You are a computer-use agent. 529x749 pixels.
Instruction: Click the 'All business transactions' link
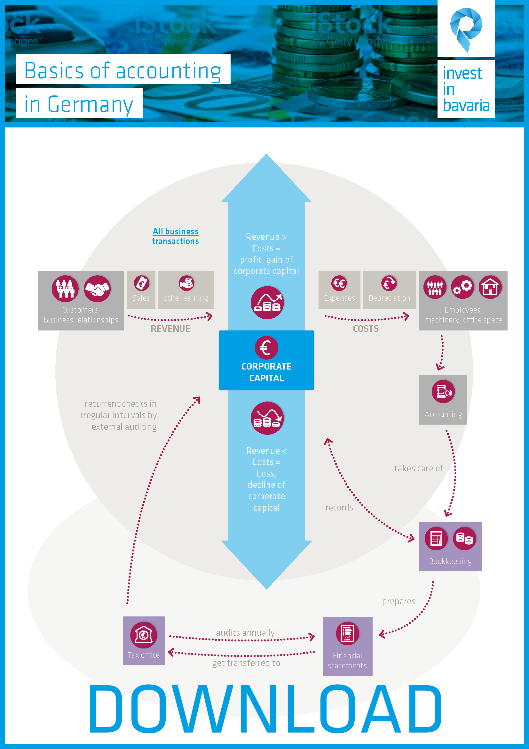[x=175, y=236]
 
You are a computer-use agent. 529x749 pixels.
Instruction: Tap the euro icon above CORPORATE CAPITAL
[x=266, y=348]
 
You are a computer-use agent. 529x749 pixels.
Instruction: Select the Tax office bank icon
[x=143, y=634]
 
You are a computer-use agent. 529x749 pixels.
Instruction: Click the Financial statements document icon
[x=347, y=633]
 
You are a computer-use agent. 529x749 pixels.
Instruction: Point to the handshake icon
[x=97, y=289]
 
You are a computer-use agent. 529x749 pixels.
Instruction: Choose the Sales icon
[x=141, y=283]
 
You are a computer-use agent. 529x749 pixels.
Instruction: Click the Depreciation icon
[x=389, y=283]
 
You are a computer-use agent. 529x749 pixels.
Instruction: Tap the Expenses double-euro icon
[x=339, y=283]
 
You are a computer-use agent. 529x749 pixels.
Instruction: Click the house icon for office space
[x=490, y=287]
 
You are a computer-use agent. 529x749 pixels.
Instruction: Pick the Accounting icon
[x=443, y=391]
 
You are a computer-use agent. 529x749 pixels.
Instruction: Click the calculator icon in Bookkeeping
[x=436, y=538]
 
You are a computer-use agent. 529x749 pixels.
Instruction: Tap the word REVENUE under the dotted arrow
[x=170, y=329]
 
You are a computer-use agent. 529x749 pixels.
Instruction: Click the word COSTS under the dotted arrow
[x=366, y=329]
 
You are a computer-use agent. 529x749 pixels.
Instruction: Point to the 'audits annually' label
[x=245, y=632]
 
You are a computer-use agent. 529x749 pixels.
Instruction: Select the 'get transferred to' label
[x=246, y=663]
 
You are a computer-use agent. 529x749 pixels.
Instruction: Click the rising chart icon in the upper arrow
[x=267, y=302]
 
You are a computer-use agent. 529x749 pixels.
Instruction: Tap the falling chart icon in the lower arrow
[x=267, y=418]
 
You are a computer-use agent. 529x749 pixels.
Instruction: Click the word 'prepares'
[x=399, y=601]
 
